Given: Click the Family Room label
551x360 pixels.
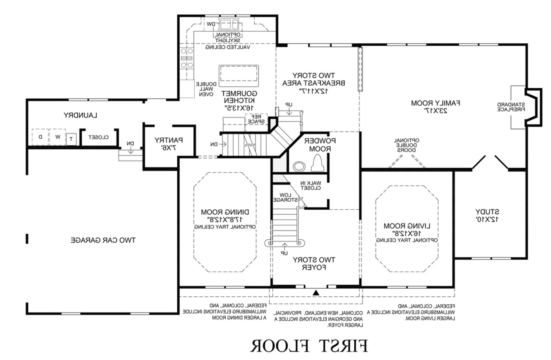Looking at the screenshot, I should (x=435, y=106).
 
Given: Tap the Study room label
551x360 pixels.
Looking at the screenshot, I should (x=487, y=215).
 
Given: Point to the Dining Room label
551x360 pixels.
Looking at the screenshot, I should (x=225, y=216).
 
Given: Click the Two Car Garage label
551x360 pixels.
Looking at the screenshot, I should (x=103, y=240).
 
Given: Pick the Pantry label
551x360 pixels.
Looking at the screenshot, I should (x=169, y=144).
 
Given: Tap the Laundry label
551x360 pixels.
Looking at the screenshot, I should (x=80, y=115).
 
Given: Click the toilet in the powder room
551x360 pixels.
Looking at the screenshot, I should (x=317, y=163).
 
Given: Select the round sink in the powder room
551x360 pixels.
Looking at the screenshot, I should (x=299, y=166).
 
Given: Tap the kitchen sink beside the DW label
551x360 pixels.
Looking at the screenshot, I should (x=229, y=25).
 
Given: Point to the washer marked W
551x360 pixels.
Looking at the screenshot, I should (x=57, y=137).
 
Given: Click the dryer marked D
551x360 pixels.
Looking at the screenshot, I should (x=40, y=137).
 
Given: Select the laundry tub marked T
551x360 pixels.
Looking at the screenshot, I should (x=71, y=139).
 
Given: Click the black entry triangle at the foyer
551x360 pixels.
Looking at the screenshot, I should (x=316, y=293).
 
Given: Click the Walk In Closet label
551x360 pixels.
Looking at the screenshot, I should (x=311, y=186).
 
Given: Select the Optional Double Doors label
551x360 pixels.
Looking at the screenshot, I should (x=406, y=145).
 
